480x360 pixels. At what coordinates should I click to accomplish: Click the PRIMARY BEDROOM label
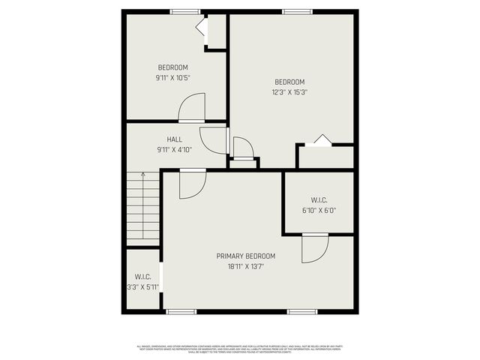tap(246, 256)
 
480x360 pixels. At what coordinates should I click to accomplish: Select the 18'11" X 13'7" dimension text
tap(246, 265)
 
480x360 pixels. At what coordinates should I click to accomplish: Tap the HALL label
tap(174, 139)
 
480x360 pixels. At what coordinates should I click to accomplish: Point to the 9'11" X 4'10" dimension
tap(174, 149)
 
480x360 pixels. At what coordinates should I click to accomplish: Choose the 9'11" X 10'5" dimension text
tap(172, 77)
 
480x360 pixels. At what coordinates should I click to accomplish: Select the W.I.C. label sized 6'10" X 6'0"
tap(319, 200)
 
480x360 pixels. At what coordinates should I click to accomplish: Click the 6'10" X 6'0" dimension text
tap(319, 210)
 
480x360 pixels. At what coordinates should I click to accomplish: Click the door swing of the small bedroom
tap(192, 109)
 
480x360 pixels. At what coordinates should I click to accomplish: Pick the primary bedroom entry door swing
tap(191, 184)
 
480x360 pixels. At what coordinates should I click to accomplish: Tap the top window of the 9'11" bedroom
tap(184, 11)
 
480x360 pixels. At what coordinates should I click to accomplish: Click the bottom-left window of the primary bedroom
tap(181, 311)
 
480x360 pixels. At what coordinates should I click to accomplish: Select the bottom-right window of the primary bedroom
tap(302, 311)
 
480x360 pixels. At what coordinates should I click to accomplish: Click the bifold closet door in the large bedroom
tap(320, 140)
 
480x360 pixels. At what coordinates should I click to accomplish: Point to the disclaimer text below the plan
tap(240, 348)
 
